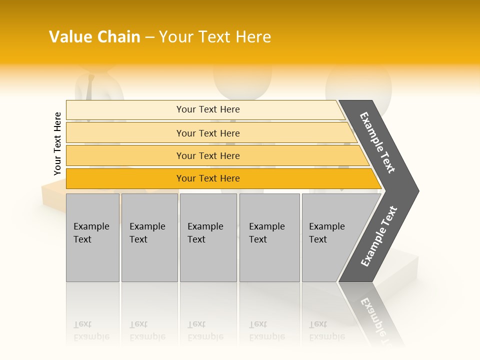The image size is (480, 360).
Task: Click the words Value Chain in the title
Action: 94,37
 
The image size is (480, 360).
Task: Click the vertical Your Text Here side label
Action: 57,143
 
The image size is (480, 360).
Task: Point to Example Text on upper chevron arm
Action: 377,142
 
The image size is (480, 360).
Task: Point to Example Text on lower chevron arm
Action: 379,236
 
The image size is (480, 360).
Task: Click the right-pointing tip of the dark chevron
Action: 416,190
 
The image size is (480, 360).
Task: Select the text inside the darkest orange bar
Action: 208,178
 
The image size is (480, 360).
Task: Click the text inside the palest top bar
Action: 208,109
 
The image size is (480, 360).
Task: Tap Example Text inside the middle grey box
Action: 205,232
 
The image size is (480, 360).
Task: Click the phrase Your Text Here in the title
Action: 215,37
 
